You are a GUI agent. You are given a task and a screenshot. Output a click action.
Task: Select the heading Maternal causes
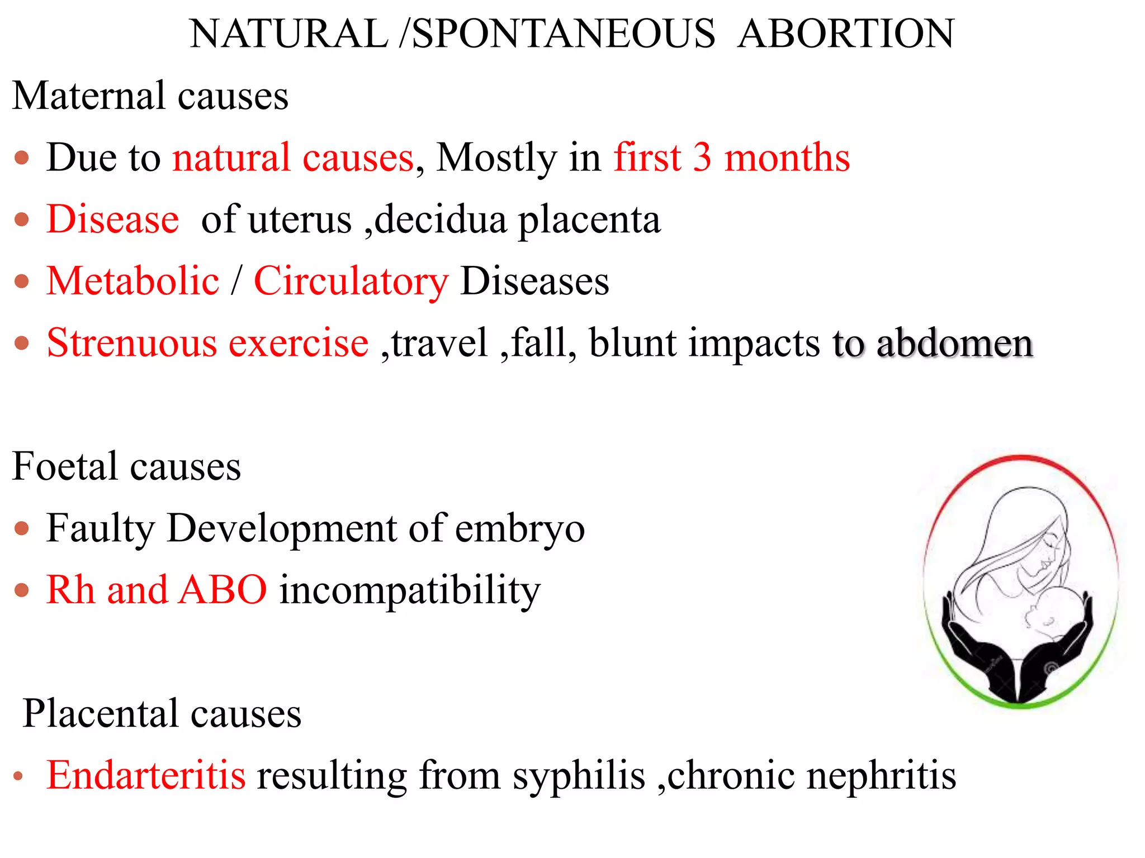point(150,96)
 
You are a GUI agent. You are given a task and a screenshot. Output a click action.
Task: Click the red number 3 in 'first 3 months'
point(702,158)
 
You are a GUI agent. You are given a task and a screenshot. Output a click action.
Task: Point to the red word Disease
point(113,219)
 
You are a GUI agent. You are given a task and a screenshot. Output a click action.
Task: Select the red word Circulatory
point(351,282)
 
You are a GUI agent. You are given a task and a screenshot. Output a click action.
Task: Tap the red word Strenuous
point(132,342)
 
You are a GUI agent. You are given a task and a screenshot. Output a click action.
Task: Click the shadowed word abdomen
point(954,343)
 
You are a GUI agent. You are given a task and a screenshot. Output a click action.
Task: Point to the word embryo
point(520,528)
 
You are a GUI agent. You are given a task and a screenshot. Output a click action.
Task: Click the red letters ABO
point(223,590)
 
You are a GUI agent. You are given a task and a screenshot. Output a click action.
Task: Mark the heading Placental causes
point(162,714)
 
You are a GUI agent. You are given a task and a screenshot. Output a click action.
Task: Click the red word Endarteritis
point(146,775)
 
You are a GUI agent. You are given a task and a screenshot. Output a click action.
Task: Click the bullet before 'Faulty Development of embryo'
point(22,528)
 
